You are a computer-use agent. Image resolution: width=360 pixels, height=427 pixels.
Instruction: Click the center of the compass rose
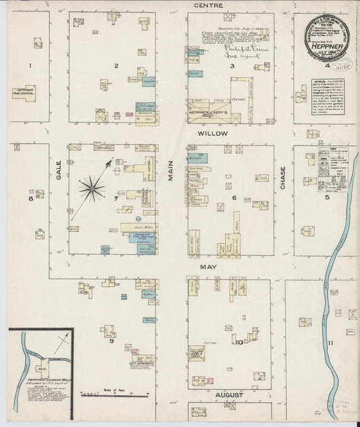[x=92, y=187]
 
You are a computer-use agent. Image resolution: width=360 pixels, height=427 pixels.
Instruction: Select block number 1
[x=30, y=65]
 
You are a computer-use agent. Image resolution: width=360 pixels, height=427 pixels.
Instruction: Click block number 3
[x=232, y=66]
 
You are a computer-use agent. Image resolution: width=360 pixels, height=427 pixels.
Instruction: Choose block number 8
[x=30, y=199]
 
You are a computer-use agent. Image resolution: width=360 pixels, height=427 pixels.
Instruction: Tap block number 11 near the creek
[x=330, y=343]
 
